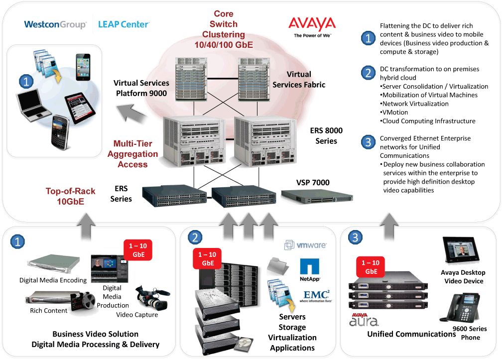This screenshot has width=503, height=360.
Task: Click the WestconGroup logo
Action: tap(55, 24)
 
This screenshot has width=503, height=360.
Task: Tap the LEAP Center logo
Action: tap(124, 24)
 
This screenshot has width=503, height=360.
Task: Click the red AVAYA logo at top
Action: tap(312, 24)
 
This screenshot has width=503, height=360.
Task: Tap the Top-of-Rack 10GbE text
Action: tap(70, 196)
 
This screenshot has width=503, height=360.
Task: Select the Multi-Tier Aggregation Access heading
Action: tap(132, 154)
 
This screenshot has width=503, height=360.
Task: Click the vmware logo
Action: tap(305, 245)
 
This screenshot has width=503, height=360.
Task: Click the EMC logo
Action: tap(317, 294)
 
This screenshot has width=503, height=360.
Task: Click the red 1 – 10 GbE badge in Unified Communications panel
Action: tap(371, 267)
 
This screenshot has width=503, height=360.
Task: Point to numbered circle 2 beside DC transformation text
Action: tap(368, 73)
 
